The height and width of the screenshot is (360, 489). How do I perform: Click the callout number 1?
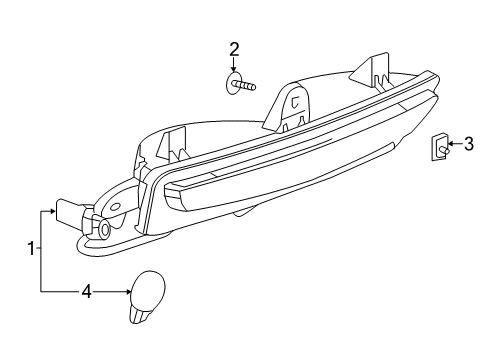(x=32, y=249)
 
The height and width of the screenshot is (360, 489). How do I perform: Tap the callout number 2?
(x=234, y=48)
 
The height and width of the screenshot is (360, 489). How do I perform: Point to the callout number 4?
(x=86, y=292)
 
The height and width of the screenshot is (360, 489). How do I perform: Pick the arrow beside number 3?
(x=452, y=144)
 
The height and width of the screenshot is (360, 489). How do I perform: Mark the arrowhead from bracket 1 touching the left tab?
(x=51, y=212)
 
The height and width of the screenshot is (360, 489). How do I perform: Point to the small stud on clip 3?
(x=441, y=151)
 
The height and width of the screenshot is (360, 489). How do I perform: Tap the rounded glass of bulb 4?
(x=151, y=287)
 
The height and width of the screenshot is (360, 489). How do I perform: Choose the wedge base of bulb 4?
(x=140, y=314)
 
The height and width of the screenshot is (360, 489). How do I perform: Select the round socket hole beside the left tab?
(x=105, y=229)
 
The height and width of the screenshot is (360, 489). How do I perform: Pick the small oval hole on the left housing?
(x=115, y=207)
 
